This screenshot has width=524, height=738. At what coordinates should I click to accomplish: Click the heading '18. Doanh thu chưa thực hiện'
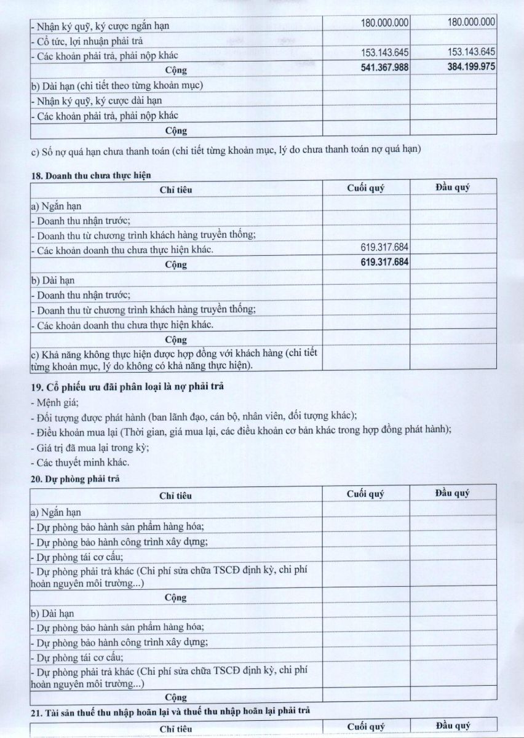[x=91, y=175]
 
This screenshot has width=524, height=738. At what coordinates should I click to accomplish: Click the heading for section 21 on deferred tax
[x=170, y=711]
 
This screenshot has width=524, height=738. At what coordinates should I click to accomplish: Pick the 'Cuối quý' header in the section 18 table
[x=365, y=188]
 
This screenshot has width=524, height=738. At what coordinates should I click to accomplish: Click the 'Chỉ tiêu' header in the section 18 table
[x=176, y=189]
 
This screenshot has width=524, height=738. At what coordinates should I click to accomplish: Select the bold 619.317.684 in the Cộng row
[x=384, y=263]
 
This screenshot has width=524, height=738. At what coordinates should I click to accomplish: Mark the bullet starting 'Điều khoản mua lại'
[x=240, y=432]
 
